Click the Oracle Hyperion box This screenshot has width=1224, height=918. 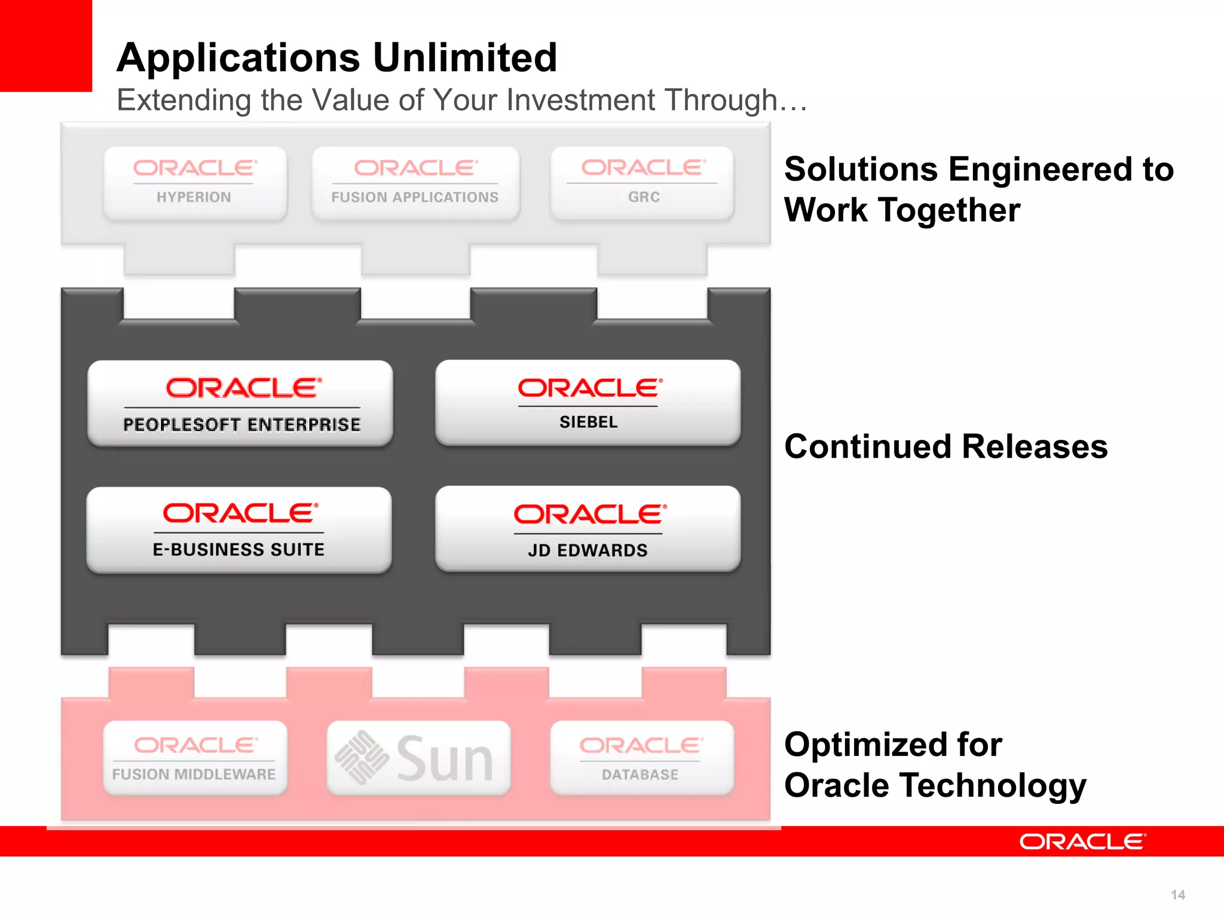click(x=195, y=183)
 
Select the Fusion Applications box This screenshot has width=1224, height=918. click(x=415, y=183)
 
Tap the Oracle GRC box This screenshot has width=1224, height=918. click(x=642, y=183)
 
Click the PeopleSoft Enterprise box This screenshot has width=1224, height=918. click(x=240, y=403)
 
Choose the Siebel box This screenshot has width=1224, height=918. click(x=588, y=402)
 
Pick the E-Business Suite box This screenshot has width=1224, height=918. click(x=239, y=530)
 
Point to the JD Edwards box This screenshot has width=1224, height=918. click(x=588, y=529)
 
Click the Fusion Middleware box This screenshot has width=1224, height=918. click(x=195, y=758)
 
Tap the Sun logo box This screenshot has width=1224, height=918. click(x=418, y=758)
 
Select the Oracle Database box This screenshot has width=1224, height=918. click(x=641, y=758)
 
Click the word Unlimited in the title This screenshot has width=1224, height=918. click(x=465, y=58)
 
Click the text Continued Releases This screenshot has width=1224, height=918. click(x=945, y=446)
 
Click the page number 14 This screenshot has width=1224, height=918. click(x=1177, y=895)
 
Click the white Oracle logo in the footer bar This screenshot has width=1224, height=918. click(x=1082, y=841)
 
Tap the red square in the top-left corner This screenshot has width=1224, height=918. click(x=45, y=45)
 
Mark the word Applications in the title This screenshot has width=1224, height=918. click(x=238, y=58)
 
